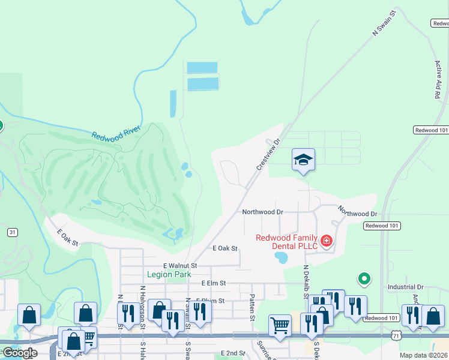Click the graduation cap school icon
point(303,159)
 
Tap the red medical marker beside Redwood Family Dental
point(327,241)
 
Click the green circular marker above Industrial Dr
point(363,278)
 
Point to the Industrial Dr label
point(405,287)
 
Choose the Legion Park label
point(169,274)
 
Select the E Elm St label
point(213,283)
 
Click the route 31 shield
point(12,232)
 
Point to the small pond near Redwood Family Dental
point(280,258)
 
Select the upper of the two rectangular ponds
point(202,67)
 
